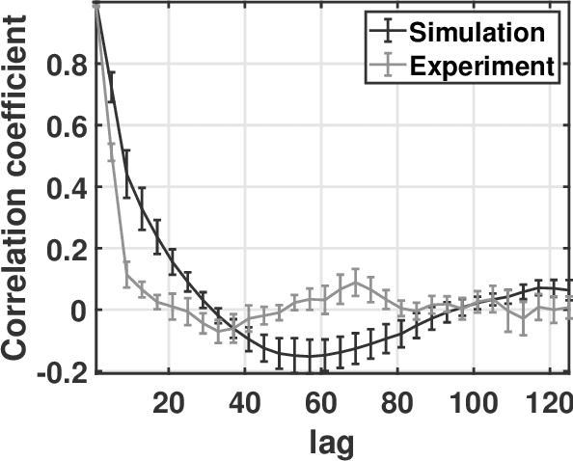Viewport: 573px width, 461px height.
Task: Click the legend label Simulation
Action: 477,31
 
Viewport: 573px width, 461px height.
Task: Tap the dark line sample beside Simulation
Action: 387,31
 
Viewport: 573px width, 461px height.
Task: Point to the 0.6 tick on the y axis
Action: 67,125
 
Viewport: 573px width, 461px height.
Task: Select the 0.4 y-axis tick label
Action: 67,187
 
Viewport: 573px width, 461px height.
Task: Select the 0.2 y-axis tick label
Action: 67,249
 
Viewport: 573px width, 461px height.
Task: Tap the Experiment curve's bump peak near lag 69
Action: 356,284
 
